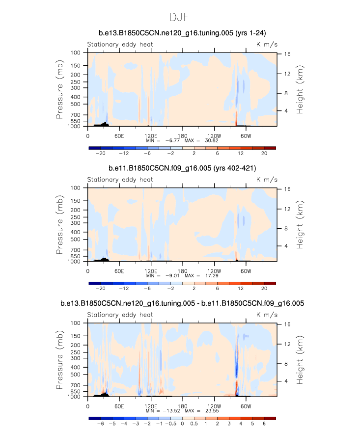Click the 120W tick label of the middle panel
pyautogui.click(x=214, y=271)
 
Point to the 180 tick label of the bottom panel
pyautogui.click(x=183, y=406)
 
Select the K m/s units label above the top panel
pyautogui.click(x=266, y=44)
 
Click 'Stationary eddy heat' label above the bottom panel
pyautogui.click(x=120, y=315)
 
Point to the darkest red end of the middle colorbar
pyautogui.click(x=270, y=283)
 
